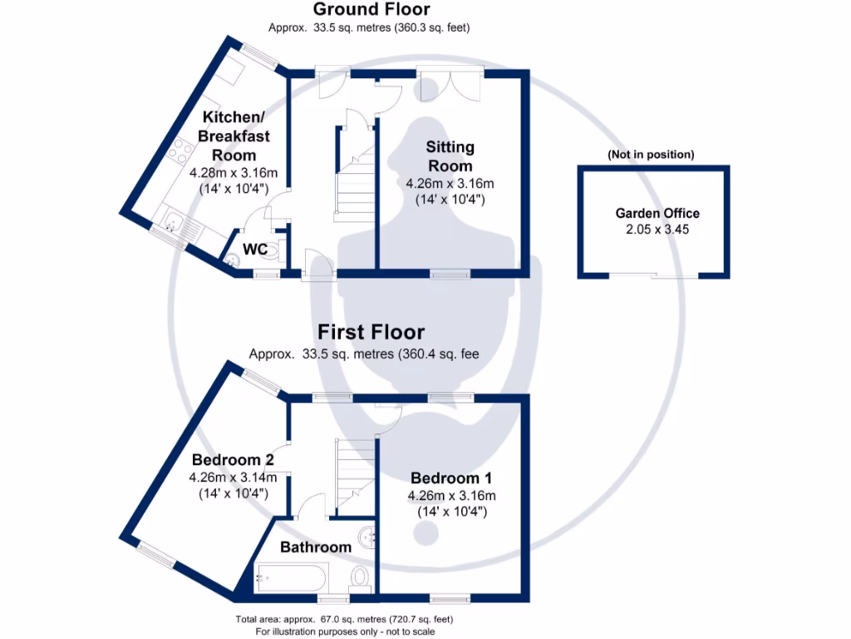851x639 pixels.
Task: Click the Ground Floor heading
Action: [371, 10]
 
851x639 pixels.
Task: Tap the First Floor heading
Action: [371, 333]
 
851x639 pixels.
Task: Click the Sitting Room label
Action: [450, 156]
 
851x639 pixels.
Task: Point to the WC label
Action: [254, 249]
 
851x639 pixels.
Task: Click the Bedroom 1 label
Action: [451, 478]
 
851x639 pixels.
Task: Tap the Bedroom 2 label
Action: [233, 459]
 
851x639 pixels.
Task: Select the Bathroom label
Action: [316, 547]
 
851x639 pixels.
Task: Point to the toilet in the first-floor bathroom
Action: [360, 576]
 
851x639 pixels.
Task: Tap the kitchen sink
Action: [174, 222]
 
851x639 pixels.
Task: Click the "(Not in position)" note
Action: [651, 155]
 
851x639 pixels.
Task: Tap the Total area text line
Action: [344, 620]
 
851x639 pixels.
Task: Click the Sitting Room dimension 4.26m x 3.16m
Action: [450, 184]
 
